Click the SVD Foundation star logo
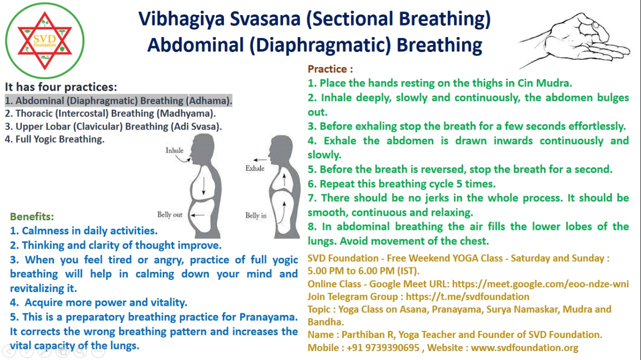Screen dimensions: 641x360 pyautogui.click(x=45, y=41)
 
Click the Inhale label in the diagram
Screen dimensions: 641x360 pyautogui.click(x=174, y=150)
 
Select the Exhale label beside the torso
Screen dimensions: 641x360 pyautogui.click(x=255, y=168)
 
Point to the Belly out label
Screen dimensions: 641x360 pyautogui.click(x=170, y=215)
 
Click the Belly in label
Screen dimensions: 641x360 pyautogui.click(x=256, y=215)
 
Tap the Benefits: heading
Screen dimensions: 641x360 pyautogui.click(x=32, y=217)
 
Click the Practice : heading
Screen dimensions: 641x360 pyautogui.click(x=330, y=69)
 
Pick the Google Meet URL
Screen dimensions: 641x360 pyautogui.click(x=540, y=284)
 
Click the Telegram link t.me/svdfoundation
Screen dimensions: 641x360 pyautogui.click(x=468, y=296)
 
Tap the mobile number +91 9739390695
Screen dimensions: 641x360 pyautogui.click(x=383, y=347)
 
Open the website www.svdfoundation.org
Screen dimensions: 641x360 pyautogui.click(x=524, y=347)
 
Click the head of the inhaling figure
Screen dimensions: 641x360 pyautogui.click(x=203, y=149)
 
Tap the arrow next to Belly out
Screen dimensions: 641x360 pyautogui.click(x=197, y=215)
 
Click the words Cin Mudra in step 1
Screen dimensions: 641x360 pyautogui.click(x=544, y=83)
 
